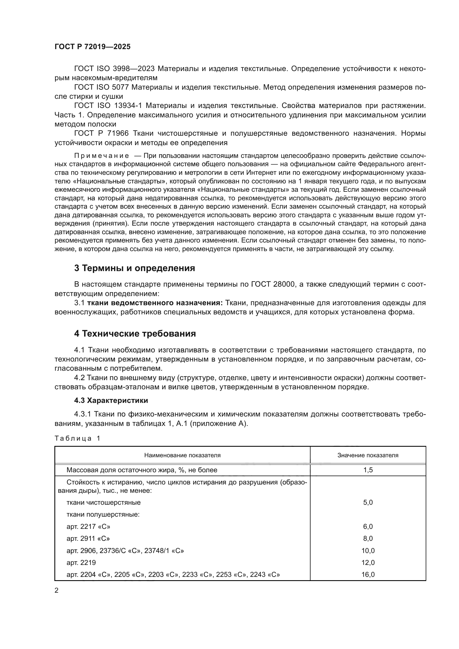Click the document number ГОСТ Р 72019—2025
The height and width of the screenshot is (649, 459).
pyautogui.click(x=92, y=47)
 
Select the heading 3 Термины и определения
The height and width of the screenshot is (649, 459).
pyautogui.click(x=135, y=268)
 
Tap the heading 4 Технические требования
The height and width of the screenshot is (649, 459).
pyautogui.click(x=135, y=334)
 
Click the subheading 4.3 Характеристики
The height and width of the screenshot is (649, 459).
pyautogui.click(x=111, y=400)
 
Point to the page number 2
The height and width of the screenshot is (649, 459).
pyautogui.click(x=56, y=591)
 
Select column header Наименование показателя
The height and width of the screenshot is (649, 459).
pyautogui.click(x=182, y=455)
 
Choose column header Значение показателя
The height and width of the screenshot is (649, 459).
pyautogui.click(x=368, y=455)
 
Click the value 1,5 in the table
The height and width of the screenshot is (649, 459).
pyautogui.click(x=368, y=470)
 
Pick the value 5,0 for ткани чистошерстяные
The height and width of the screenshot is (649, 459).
pyautogui.click(x=368, y=502)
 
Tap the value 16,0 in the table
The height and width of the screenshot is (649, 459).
pyautogui.click(x=368, y=574)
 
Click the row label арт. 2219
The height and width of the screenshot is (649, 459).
pyautogui.click(x=81, y=562)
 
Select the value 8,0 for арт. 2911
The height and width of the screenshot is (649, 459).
pyautogui.click(x=368, y=539)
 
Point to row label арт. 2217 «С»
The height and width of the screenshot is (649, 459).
pyautogui.click(x=88, y=527)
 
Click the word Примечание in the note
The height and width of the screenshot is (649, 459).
pyautogui.click(x=102, y=156)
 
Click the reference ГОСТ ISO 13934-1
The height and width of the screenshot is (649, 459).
pyautogui.click(x=108, y=105)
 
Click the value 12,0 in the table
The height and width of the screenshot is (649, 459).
pyautogui.click(x=368, y=562)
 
